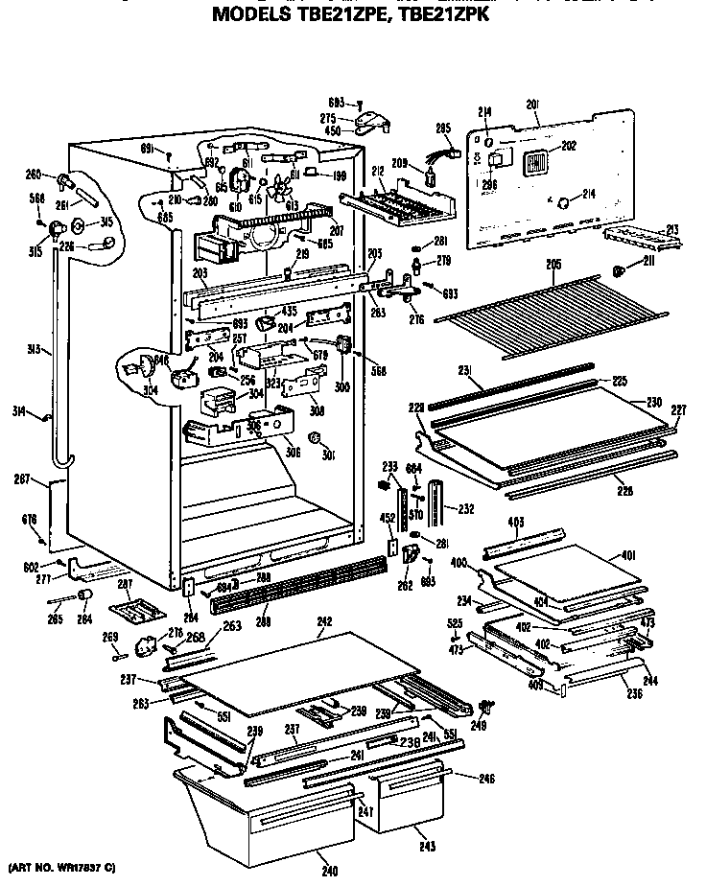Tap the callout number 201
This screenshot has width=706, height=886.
click(x=533, y=105)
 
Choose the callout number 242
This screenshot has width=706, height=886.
click(x=324, y=622)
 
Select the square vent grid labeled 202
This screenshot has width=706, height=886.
click(x=537, y=164)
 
